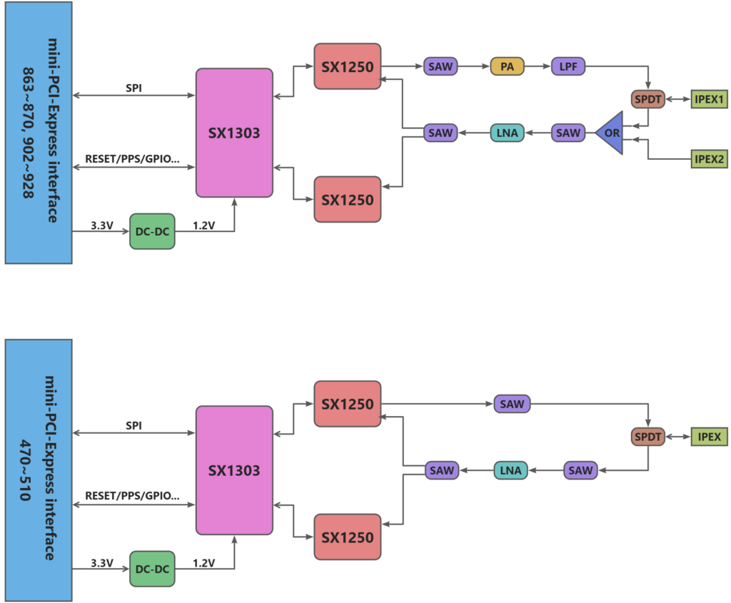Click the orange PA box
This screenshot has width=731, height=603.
click(507, 67)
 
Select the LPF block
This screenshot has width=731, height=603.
click(568, 67)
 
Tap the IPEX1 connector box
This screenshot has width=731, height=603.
click(709, 99)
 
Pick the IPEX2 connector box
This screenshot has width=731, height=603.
click(709, 159)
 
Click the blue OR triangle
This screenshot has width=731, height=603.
click(612, 133)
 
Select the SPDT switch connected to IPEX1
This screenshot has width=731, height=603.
click(648, 99)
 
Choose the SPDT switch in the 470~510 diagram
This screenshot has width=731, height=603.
click(648, 436)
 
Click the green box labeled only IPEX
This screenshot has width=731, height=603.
click(709, 436)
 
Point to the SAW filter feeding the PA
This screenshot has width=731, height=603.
click(440, 67)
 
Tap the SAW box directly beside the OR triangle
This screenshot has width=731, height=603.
click(568, 133)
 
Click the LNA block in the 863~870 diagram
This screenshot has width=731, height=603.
click(507, 133)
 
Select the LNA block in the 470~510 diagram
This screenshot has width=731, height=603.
click(510, 470)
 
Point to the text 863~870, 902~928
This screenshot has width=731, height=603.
click(28, 132)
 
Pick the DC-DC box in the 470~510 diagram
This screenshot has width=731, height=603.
click(151, 569)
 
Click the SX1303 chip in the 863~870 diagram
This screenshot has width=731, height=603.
click(234, 133)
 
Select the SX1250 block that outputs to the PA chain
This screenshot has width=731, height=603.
click(347, 66)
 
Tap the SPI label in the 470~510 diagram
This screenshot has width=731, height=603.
click(133, 426)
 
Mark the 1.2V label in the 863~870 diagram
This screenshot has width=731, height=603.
click(203, 226)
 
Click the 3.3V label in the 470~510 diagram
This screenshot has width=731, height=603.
click(101, 563)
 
